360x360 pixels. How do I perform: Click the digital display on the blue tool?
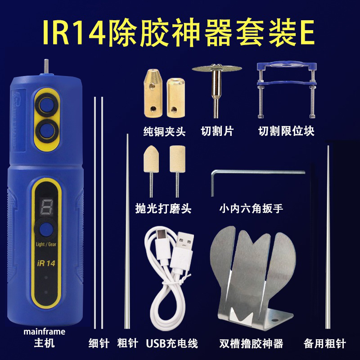pos(47,206)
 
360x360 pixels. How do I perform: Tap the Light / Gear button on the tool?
pos(46,229)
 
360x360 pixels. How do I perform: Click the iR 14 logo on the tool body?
pos(46,263)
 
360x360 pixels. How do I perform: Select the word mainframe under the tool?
pos(44,332)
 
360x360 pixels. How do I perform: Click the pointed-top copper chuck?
pos(153,93)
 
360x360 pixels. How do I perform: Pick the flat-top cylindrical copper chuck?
pos(175,98)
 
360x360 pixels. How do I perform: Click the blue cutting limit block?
pos(287,90)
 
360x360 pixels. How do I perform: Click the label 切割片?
pos(217,131)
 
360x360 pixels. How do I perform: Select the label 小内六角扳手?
pos(251,208)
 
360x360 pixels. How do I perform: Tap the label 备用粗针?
pos(324,343)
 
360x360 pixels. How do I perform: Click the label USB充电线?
pos(172,343)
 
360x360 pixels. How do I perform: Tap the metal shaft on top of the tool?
pos(46,67)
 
